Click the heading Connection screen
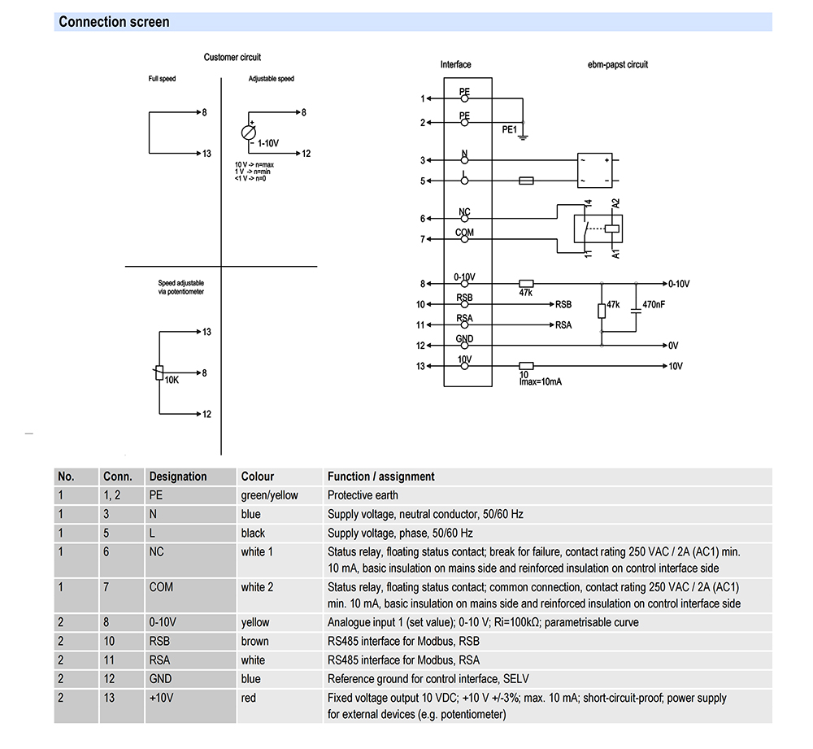point(114,22)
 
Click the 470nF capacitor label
point(654,305)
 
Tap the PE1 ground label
point(509,128)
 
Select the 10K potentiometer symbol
point(159,372)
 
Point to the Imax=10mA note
point(540,381)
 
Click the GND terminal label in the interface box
point(464,339)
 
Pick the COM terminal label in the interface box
point(464,233)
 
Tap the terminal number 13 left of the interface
point(421,366)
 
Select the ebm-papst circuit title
point(617,64)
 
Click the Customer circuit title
point(233,58)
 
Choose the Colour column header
point(258,477)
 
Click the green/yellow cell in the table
point(269,495)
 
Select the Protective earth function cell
point(363,495)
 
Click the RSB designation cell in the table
point(159,642)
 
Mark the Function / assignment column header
point(380,477)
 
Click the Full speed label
point(162,79)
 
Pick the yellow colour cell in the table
point(254,623)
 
